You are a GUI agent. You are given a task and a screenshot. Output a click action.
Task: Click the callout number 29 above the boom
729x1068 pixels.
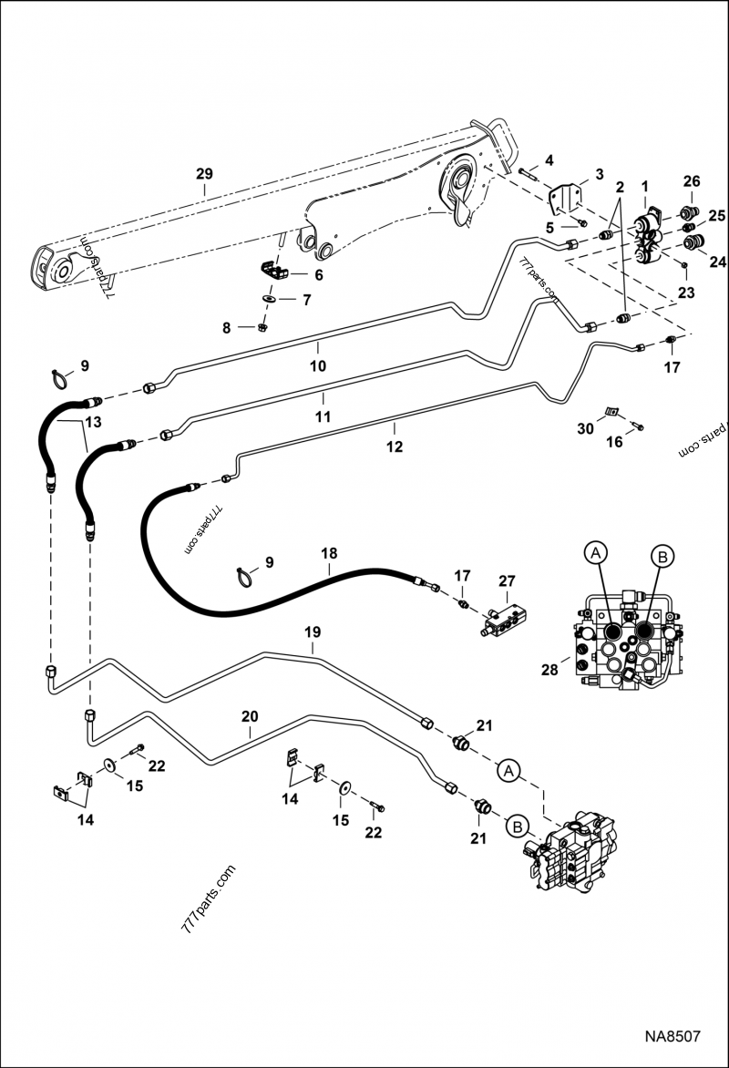click(204, 173)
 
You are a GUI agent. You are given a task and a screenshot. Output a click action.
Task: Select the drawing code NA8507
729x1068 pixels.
click(673, 1037)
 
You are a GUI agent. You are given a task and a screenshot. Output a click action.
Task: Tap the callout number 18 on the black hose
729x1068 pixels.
click(328, 553)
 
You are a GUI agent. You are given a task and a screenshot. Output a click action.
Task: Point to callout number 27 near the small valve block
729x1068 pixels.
click(507, 580)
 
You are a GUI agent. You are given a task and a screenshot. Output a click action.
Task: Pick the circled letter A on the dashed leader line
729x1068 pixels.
click(510, 770)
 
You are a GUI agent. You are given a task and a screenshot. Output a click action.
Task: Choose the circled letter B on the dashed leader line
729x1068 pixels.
click(518, 827)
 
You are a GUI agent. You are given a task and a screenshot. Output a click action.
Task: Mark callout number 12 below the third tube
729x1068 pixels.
click(394, 447)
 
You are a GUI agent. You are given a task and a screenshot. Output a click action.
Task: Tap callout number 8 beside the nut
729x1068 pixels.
click(240, 327)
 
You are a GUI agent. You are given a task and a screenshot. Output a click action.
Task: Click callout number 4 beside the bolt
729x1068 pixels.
click(549, 161)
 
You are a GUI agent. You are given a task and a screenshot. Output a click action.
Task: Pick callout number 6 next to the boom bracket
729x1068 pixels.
click(318, 273)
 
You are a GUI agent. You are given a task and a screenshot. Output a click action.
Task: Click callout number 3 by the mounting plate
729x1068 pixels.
click(599, 174)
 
